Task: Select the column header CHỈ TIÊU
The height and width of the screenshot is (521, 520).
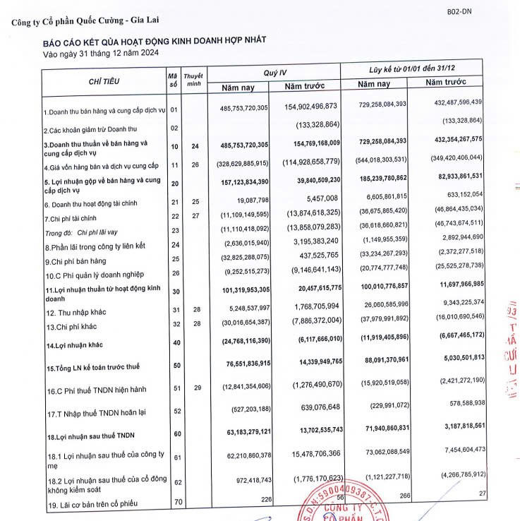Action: [x=104, y=81]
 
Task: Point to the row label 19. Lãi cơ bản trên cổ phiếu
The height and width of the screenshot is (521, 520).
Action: [x=98, y=504]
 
